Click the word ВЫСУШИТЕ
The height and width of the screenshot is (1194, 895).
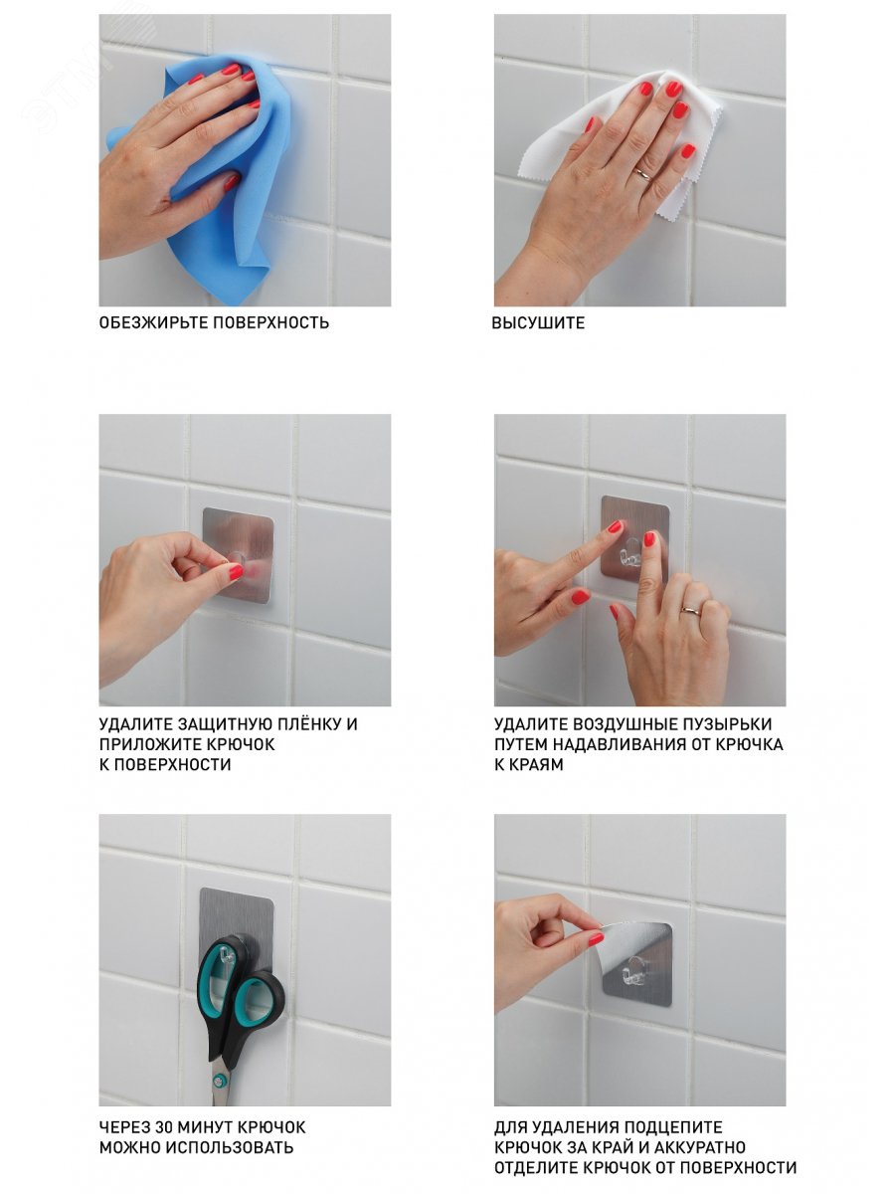point(538,322)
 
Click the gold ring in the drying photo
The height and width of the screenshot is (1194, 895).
point(642,174)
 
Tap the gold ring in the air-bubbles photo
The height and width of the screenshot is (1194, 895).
point(691,610)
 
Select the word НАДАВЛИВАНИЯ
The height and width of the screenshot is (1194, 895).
point(613,744)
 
